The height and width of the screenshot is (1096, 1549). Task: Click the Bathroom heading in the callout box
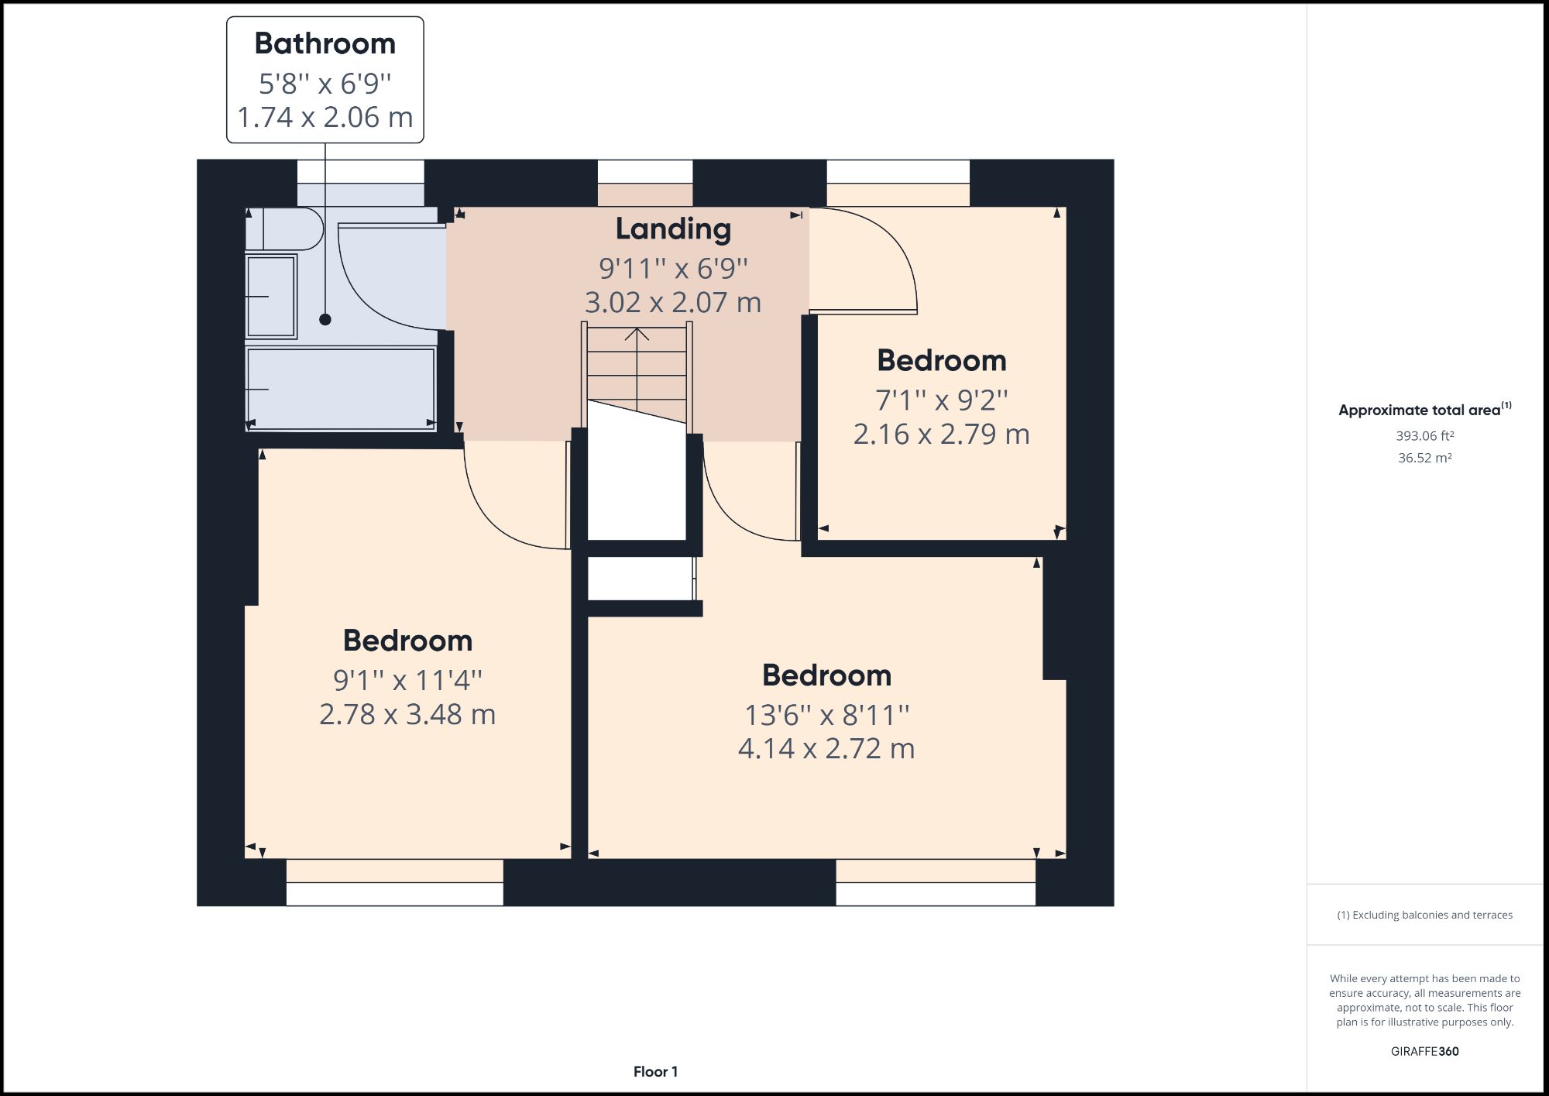coord(325,43)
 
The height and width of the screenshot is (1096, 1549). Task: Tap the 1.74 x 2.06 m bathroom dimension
coord(325,117)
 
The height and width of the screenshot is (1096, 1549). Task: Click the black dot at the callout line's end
coord(325,319)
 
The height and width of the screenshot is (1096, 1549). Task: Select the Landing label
coord(672,228)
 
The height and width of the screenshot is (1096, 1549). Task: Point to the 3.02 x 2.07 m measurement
coord(672,302)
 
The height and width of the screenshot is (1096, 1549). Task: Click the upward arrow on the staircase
coord(637,335)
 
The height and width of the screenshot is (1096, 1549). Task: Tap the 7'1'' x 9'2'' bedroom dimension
coord(941,400)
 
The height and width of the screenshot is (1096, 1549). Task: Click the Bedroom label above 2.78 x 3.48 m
coord(407,641)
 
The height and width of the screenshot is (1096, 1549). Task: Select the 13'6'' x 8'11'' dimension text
coord(826,714)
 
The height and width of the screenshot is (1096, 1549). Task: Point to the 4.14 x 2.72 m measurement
coord(826,748)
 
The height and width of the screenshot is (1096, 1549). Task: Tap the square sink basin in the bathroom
coord(271,296)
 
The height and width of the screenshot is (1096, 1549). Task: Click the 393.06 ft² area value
coord(1424,436)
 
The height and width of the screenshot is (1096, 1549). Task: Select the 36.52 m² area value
coord(1424,458)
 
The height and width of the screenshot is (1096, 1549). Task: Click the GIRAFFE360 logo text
coord(1424,1051)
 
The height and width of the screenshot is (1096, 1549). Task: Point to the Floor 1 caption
coord(655,1071)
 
